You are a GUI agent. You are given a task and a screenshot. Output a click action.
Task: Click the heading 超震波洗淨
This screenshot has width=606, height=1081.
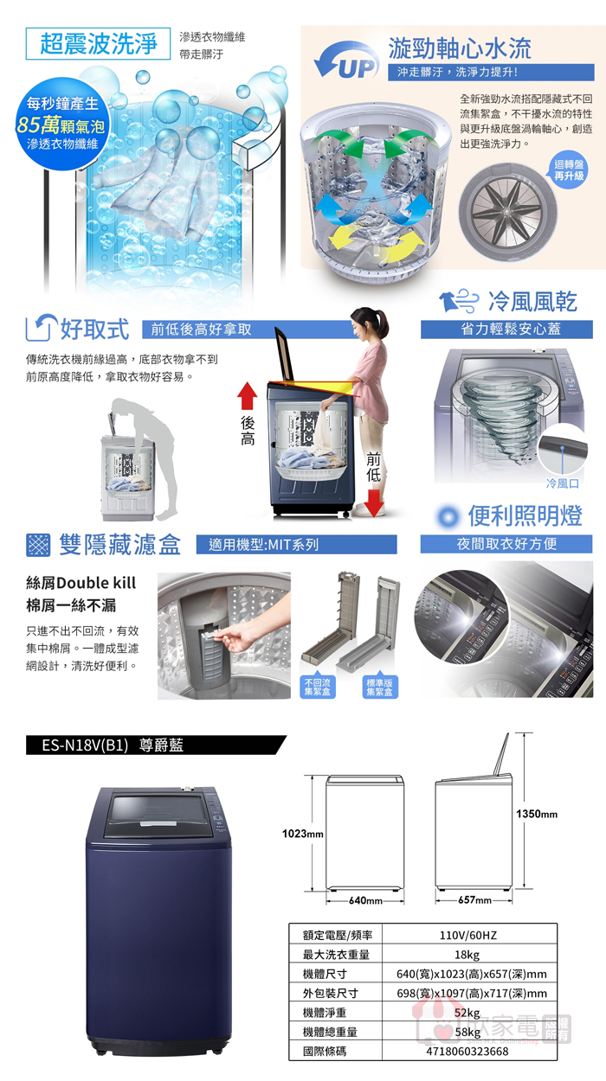coord(98,44)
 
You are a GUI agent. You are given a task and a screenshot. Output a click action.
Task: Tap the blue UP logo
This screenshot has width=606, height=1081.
coord(346,61)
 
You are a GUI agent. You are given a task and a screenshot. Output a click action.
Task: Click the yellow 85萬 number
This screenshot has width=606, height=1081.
coord(38,125)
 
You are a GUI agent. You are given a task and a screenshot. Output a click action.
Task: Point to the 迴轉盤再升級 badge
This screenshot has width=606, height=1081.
coord(569,170)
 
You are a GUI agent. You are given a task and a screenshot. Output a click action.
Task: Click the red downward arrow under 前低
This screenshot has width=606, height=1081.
coord(373,502)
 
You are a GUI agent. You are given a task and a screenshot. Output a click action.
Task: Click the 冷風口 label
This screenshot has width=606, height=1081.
coord(562,483)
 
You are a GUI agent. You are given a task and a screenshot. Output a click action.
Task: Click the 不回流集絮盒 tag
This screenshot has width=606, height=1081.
coord(318,687)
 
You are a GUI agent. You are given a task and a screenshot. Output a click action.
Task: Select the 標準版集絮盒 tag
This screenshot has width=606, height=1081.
coord(380,687)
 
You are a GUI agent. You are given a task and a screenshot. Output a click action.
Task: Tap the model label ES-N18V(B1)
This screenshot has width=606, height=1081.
coord(85,745)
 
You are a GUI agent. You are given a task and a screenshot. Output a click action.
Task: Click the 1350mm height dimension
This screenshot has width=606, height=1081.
coord(537,814)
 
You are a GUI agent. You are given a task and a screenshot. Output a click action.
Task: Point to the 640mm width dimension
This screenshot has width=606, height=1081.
coord(365,900)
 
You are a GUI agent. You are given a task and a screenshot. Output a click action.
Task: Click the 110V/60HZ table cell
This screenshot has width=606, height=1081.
coord(467,935)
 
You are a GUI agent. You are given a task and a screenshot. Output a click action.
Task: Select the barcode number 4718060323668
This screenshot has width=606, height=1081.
coord(467,1052)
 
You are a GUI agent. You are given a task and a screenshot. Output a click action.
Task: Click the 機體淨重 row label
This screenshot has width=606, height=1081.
coord(325,1013)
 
